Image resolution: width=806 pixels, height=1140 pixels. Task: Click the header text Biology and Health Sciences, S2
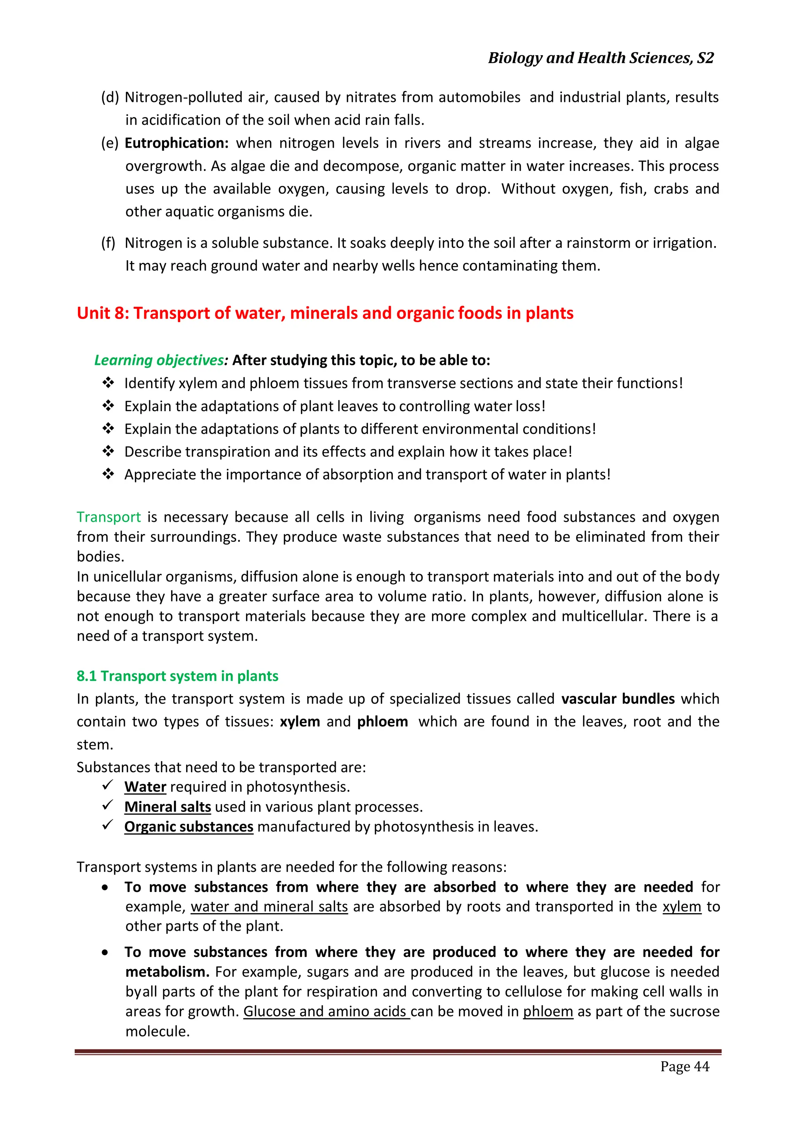tap(601, 58)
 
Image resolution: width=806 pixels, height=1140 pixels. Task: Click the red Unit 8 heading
tap(325, 313)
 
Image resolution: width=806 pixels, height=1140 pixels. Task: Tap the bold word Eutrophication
tap(176, 143)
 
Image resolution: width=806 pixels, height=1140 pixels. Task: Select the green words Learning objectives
tap(159, 360)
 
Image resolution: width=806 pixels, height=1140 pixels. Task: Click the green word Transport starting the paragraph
tap(109, 517)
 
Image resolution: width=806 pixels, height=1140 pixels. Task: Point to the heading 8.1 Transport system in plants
tap(177, 676)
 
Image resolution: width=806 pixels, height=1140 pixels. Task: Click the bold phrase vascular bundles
tap(617, 699)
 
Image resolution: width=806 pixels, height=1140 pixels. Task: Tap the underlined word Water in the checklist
tap(145, 787)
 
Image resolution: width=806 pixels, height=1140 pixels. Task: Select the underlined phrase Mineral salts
tap(167, 807)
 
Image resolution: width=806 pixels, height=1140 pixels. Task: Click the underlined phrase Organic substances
tap(189, 827)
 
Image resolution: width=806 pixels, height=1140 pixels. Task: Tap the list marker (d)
tap(110, 97)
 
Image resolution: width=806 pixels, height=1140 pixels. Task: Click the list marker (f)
tap(108, 243)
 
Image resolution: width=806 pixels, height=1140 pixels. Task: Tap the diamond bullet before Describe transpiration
tap(108, 451)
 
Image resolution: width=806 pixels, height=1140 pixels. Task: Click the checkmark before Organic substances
tap(108, 825)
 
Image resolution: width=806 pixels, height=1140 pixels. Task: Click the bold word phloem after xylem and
tap(382, 721)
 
